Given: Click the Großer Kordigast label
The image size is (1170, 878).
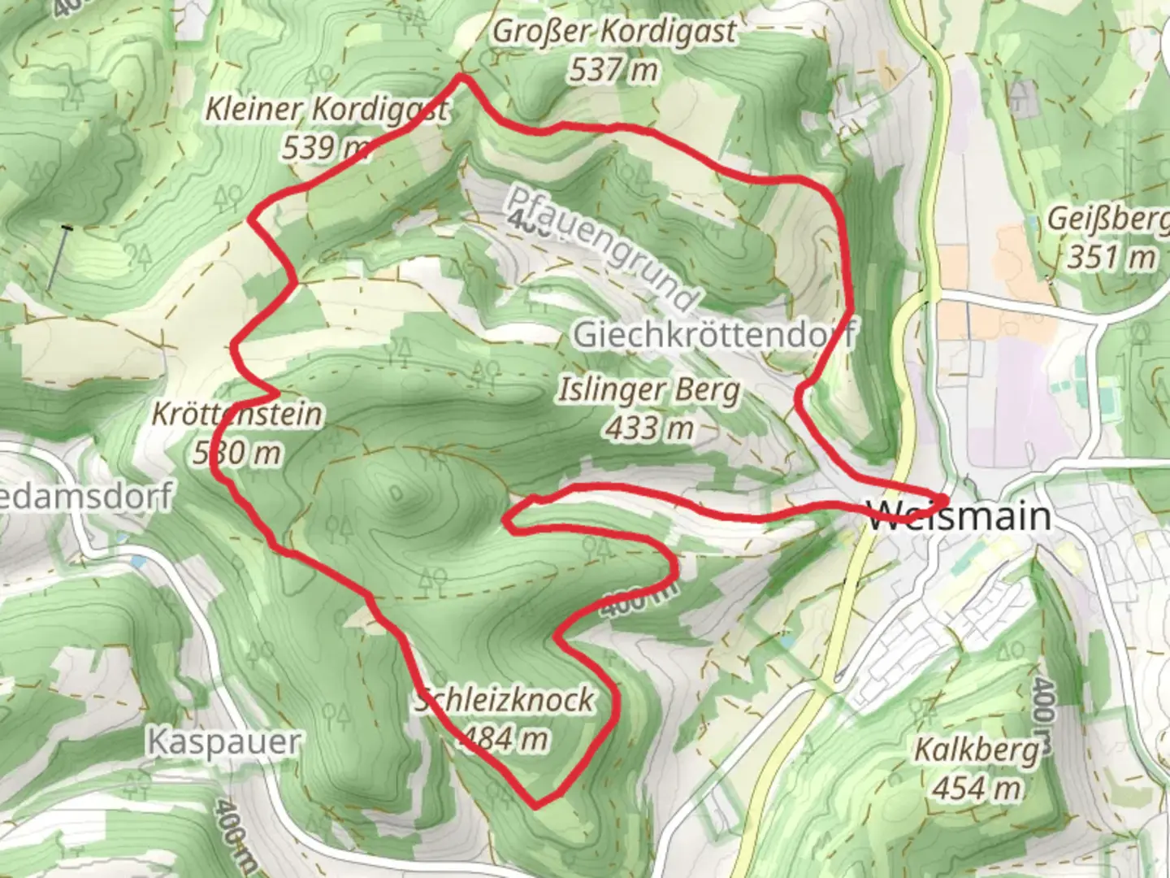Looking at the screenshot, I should (x=614, y=33).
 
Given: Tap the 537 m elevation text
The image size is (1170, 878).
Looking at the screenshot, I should (x=613, y=71).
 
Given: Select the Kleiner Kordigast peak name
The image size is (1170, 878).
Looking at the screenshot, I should (x=326, y=109).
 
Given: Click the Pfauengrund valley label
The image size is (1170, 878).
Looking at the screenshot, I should (x=602, y=248).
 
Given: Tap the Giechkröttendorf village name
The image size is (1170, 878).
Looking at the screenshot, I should (x=714, y=334).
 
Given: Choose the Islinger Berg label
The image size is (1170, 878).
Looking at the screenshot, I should (x=649, y=390).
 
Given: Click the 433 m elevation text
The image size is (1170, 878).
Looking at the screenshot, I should (x=649, y=428).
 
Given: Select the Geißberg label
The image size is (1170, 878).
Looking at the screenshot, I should (x=1107, y=219).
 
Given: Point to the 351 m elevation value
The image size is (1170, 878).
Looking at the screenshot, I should (x=1111, y=258).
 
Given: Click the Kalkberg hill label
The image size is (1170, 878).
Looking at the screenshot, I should (x=977, y=750).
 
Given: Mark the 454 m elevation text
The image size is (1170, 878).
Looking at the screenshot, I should (x=977, y=788).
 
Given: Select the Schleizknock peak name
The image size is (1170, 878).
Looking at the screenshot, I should (x=505, y=700).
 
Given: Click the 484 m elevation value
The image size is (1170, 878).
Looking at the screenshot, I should (x=504, y=738).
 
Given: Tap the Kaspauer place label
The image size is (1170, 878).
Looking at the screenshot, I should (x=224, y=741).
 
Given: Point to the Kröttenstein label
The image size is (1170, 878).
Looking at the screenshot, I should (x=237, y=415).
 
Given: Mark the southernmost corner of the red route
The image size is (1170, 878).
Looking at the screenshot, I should (x=537, y=806).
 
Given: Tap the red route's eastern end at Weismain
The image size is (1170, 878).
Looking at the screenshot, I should (x=945, y=498).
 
